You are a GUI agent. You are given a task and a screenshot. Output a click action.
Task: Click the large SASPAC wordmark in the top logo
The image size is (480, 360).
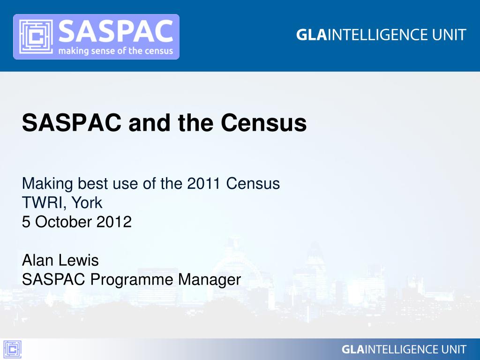tap(116, 31)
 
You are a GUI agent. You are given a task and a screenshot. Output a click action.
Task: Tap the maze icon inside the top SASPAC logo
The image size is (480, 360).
tap(36, 37)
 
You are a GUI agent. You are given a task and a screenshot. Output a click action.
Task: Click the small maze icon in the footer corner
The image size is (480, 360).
tap(12, 349)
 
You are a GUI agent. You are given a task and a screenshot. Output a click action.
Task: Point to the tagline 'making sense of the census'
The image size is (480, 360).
tap(116, 51)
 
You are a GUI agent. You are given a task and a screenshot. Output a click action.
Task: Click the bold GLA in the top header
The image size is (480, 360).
tap(311, 35)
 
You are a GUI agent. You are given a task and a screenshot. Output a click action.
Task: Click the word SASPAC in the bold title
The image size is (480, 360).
tap(72, 123)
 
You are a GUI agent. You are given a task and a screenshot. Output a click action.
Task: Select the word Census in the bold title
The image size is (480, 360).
tap(263, 123)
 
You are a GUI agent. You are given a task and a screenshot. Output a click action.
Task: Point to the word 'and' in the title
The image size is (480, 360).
tap(150, 123)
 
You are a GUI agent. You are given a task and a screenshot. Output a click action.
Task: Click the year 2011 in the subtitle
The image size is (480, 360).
tap(203, 184)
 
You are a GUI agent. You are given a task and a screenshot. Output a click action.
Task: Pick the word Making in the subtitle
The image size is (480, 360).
tap(47, 184)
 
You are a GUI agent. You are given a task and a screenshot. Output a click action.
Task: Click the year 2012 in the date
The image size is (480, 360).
tap(114, 222)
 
